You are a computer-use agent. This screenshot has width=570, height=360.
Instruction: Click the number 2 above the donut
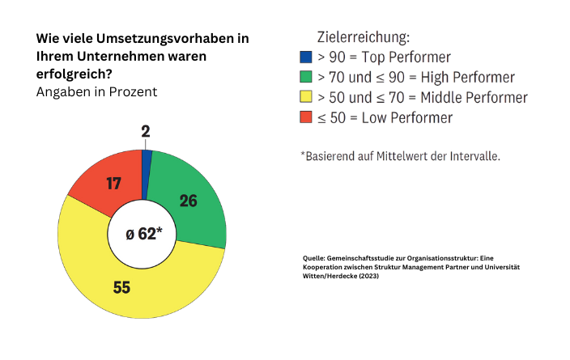point(146,132)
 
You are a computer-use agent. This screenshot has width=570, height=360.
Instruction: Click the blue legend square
point(305,57)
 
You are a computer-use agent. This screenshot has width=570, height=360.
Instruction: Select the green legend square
point(305,78)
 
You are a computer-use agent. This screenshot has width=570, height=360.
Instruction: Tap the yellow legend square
point(305,98)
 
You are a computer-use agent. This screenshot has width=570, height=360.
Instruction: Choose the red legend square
point(305,118)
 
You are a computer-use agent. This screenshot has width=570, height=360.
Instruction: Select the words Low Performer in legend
point(406,118)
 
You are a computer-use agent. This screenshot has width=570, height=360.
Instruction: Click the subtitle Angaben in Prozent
point(96,91)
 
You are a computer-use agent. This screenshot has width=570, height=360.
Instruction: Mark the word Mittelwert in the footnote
point(402,155)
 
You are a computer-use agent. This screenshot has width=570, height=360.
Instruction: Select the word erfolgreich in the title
point(73,74)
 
